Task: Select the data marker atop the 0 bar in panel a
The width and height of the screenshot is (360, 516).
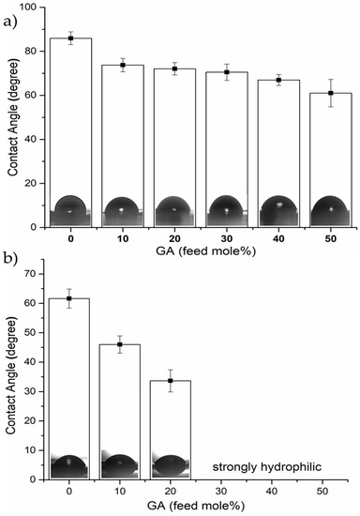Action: (70, 38)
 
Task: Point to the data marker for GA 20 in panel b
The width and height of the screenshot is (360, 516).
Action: (171, 381)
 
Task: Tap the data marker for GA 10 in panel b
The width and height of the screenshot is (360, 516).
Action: (120, 345)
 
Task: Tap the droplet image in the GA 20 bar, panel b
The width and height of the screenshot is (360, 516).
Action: (171, 465)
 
